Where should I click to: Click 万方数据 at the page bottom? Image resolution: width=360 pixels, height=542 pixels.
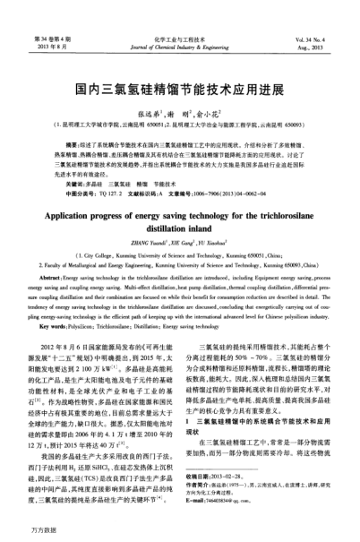coord(21,529)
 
